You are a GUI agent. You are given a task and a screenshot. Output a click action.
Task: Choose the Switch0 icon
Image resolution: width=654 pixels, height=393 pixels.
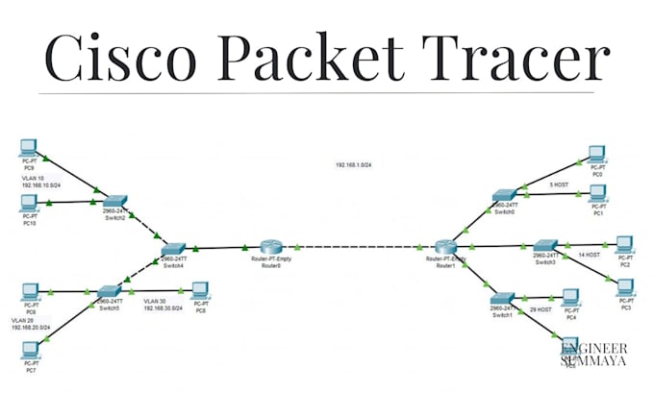click(x=505, y=196)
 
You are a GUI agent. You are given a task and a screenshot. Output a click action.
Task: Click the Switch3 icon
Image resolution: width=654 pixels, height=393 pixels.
click(x=545, y=246)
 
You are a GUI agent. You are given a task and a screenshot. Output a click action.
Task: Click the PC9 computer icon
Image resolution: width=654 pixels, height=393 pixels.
click(x=29, y=149)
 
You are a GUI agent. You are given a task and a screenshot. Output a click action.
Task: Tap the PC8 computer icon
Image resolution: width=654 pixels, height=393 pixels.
click(x=200, y=290)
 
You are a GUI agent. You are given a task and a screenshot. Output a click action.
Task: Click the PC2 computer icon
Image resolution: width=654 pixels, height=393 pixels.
click(x=624, y=242)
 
